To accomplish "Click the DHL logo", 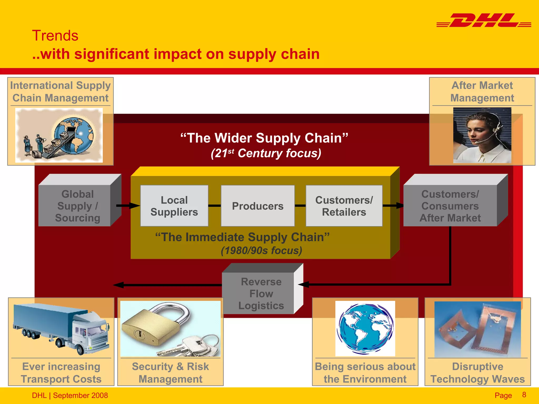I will pyautogui.click(x=484, y=21).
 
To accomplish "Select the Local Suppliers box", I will pyautogui.click(x=174, y=206).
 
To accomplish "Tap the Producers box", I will pyautogui.click(x=258, y=206).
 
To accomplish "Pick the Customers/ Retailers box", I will pyautogui.click(x=344, y=206).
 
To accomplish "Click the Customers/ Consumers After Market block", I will pyautogui.click(x=450, y=206).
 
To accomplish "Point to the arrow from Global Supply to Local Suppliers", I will pyautogui.click(x=128, y=205).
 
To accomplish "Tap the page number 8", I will pyautogui.click(x=524, y=395).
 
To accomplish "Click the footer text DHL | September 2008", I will pyautogui.click(x=70, y=395).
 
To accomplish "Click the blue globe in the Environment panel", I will pyautogui.click(x=365, y=329).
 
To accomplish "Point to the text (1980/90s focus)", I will pyautogui.click(x=261, y=250).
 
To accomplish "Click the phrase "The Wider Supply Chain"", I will pyautogui.click(x=264, y=138).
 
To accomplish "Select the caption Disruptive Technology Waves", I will pyautogui.click(x=477, y=373).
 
